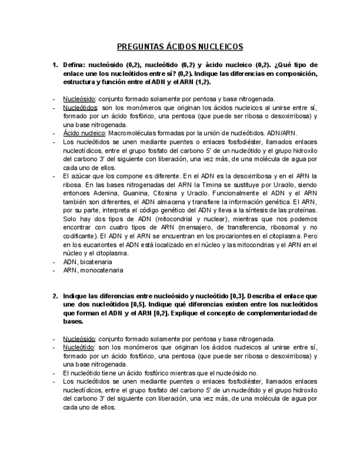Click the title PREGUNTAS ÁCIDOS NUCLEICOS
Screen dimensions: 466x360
[x=180, y=47]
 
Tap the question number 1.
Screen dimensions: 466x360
[x=55, y=65]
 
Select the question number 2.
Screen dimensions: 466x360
[x=55, y=296]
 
